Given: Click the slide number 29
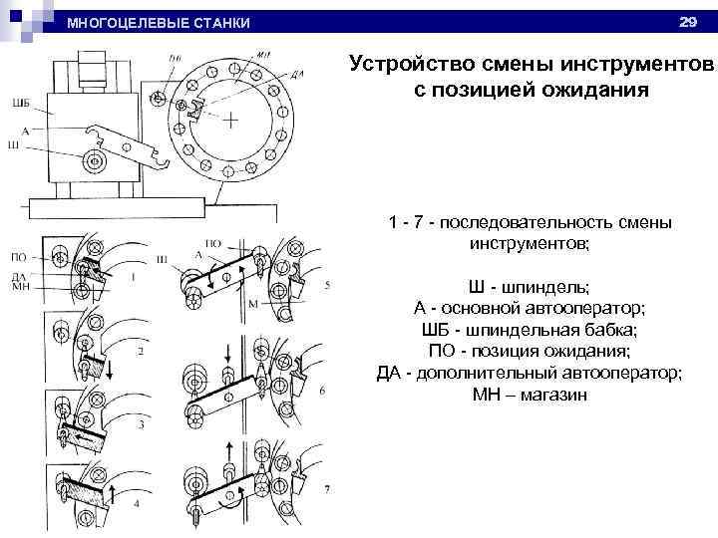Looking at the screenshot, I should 686,21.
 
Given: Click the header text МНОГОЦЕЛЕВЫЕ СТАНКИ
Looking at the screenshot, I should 158,23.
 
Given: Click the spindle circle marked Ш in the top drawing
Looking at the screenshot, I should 96,159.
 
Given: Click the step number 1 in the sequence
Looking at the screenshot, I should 133,278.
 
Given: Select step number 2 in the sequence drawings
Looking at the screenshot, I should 141,351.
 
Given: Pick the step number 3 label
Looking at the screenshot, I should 141,425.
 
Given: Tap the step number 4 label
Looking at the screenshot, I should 136,504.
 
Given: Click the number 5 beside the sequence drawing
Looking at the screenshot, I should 327,285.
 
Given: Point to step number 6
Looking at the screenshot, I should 322,391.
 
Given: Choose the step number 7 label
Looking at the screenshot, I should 325,490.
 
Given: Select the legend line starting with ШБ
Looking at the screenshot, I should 530,329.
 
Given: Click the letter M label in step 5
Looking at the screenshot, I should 252,303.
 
